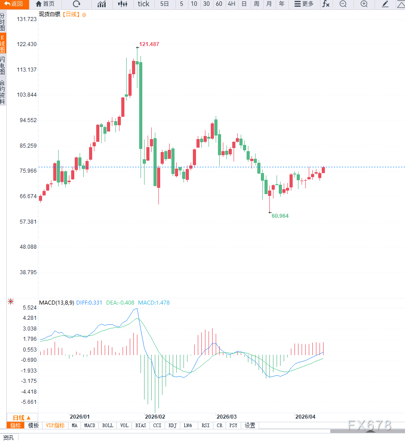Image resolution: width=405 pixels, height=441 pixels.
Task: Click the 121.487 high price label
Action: (149, 44)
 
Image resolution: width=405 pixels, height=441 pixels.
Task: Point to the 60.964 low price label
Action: (280, 216)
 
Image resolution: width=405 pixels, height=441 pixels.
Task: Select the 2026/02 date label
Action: (155, 416)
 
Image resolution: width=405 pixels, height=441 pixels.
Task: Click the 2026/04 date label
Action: (305, 416)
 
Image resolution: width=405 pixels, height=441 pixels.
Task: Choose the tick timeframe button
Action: (144, 4)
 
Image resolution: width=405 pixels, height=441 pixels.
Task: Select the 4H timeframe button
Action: (231, 4)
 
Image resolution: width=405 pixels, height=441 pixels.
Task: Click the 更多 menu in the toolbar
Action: (304, 4)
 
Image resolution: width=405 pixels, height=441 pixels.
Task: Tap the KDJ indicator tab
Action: (173, 425)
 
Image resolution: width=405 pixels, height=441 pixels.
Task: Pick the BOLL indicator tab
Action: (108, 425)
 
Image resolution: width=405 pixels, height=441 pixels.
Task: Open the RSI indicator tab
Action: (205, 425)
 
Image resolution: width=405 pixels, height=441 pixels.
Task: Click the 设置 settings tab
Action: (250, 425)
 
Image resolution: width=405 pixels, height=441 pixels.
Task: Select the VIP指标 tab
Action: (55, 425)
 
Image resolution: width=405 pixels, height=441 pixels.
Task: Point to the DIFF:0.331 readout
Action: (90, 303)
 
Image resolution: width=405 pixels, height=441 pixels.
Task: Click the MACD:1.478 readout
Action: (153, 303)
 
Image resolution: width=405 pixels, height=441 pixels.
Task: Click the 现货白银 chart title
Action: (49, 14)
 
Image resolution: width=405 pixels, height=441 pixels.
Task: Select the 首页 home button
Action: (45, 4)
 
